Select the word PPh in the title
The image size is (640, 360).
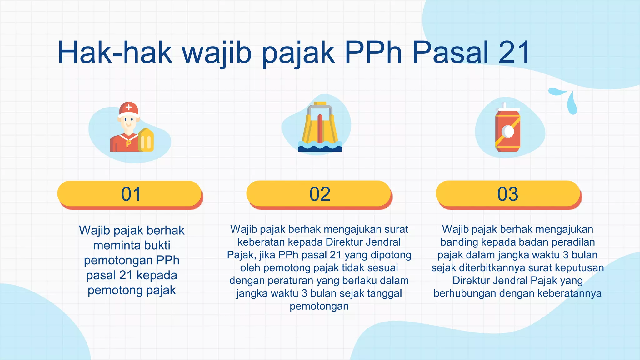click(373, 52)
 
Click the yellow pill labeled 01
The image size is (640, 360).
click(130, 194)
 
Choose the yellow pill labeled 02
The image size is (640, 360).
click(319, 194)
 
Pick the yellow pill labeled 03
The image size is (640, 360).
click(508, 194)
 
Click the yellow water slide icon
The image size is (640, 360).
click(320, 125)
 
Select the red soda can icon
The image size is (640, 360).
click(508, 130)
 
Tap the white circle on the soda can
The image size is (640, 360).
click(507, 132)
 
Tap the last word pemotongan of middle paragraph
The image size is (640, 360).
click(319, 306)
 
